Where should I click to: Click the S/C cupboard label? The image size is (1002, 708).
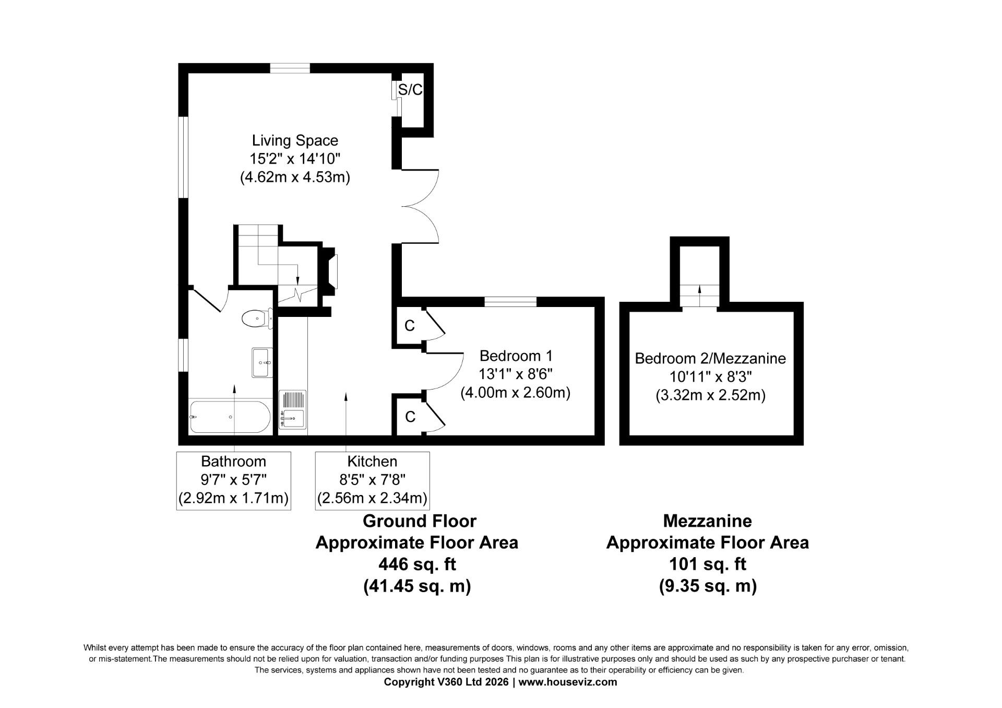click(410, 90)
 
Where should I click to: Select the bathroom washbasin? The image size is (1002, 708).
click(262, 362)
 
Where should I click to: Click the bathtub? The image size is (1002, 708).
click(230, 417)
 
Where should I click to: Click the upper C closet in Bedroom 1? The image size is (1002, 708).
click(410, 326)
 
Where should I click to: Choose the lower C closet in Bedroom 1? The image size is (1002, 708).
click(410, 417)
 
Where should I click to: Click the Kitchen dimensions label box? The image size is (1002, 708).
click(373, 480)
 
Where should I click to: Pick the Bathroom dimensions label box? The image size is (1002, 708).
click(234, 480)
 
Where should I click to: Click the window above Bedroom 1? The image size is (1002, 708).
click(510, 302)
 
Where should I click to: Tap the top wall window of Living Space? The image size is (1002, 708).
click(290, 68)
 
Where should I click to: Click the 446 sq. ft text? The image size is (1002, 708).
click(417, 564)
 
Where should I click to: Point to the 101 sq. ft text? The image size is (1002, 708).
click(708, 564)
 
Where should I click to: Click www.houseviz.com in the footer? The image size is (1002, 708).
click(568, 682)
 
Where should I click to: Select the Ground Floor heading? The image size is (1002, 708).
click(420, 521)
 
